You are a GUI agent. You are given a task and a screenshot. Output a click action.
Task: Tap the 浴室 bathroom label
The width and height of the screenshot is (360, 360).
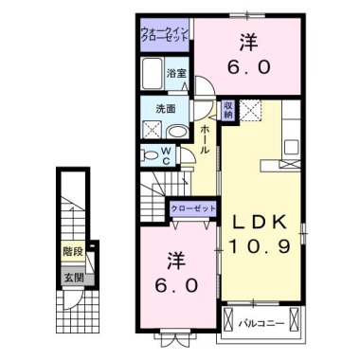[x=176, y=73]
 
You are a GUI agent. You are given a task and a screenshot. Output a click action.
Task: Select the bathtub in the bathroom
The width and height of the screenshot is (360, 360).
[x=153, y=73]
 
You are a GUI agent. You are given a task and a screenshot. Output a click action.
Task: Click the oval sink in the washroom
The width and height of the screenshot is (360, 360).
[x=179, y=132]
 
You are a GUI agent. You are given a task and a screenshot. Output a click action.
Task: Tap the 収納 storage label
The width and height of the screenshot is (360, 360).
[x=228, y=110]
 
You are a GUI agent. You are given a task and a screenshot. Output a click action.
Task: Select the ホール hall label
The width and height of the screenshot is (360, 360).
[x=205, y=140]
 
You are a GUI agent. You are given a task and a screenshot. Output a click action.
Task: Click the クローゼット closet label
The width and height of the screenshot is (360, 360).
[x=195, y=207]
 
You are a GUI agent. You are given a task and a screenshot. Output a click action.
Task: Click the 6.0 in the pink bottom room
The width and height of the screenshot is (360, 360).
[x=176, y=284]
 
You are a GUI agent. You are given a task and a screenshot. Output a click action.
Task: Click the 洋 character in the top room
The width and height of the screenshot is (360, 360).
[x=248, y=42]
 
